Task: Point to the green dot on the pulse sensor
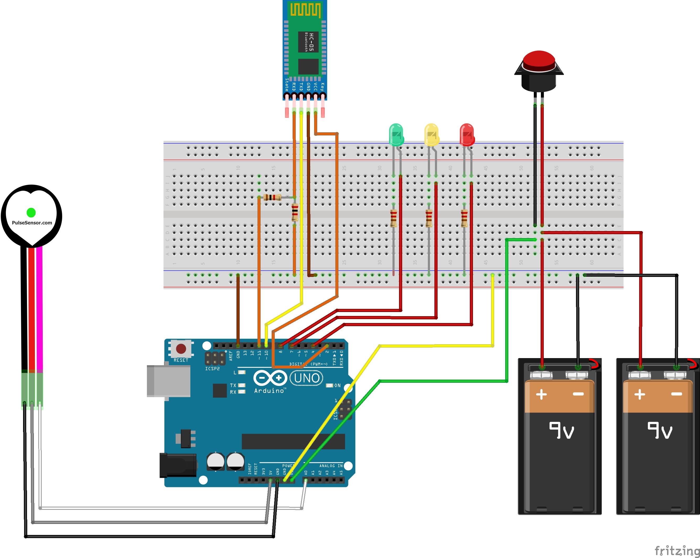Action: tap(31, 212)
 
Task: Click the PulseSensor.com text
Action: tap(32, 223)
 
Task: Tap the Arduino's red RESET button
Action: tap(181, 349)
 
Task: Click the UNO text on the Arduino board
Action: tap(306, 378)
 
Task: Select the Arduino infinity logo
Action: tap(270, 378)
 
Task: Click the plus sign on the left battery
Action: tap(541, 395)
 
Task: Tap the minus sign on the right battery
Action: tap(677, 394)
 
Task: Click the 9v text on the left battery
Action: tap(561, 430)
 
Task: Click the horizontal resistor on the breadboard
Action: tap(272, 197)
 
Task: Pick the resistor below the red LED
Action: tap(464, 218)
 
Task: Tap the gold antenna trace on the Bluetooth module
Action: tap(305, 10)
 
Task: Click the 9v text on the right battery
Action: tap(660, 430)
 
